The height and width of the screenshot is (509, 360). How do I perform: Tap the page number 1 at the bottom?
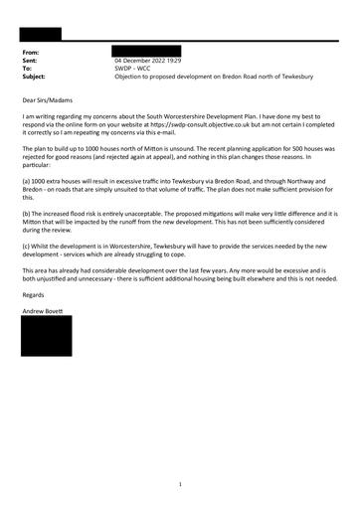[180, 484]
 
